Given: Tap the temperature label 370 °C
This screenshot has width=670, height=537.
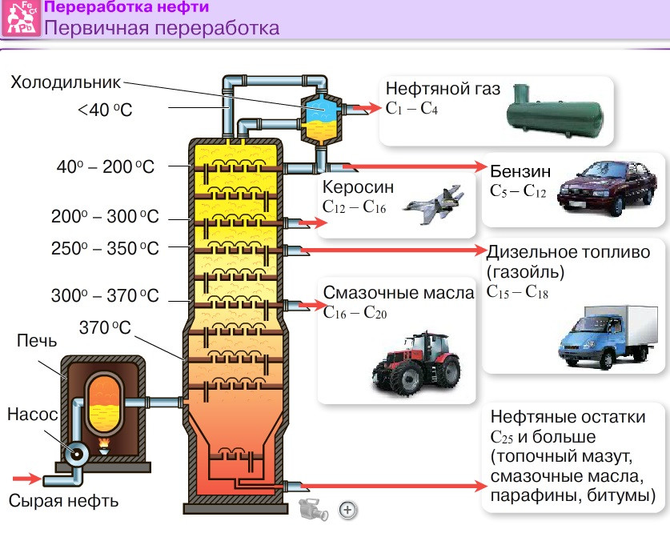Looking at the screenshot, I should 106,327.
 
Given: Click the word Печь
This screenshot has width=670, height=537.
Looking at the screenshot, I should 37,343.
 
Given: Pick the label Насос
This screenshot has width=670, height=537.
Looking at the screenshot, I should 33,415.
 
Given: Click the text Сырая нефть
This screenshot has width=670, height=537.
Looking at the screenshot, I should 64,502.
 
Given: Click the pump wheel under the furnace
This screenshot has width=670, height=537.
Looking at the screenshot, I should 79,454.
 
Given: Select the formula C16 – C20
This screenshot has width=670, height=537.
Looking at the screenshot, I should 355,313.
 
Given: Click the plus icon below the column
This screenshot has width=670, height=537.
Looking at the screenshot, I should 347,508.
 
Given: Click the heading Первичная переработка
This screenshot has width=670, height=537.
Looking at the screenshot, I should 162,28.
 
